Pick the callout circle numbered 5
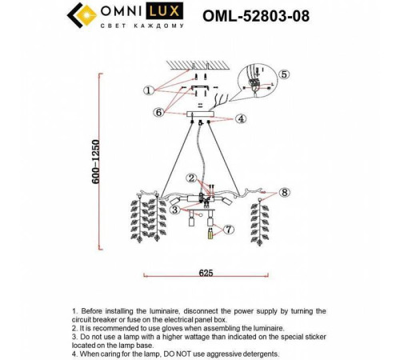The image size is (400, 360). click(284, 74)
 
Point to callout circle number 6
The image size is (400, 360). click(159, 112)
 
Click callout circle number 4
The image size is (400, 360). click(241, 118)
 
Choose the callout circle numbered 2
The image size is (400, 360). click(191, 178)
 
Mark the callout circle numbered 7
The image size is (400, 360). click(230, 230)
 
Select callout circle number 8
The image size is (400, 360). click(286, 192)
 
